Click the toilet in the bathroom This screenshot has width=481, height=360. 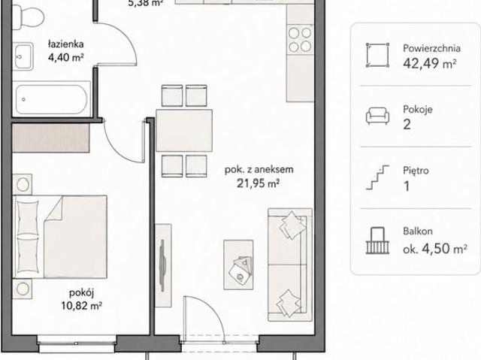[x=28, y=15]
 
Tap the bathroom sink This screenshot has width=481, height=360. [x=23, y=56]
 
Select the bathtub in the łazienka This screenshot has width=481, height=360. [x=51, y=99]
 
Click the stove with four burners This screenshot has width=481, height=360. [x=300, y=40]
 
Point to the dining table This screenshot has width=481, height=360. [x=184, y=130]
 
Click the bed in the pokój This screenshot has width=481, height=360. [x=60, y=237]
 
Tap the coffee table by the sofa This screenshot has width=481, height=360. [x=238, y=265]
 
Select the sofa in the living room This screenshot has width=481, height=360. [x=290, y=265]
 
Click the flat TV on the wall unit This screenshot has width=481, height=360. [x=162, y=265]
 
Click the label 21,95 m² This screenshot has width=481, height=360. [x=258, y=183]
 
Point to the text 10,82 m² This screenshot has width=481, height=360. [x=81, y=306]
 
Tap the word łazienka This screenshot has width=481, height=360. [x=66, y=44]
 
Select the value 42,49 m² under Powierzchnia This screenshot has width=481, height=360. [x=429, y=63]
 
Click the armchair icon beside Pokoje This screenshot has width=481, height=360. [x=377, y=116]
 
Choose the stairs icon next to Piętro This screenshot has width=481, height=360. [x=377, y=177]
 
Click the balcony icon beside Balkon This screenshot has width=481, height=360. [x=377, y=241]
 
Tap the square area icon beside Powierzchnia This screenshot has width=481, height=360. [x=377, y=55]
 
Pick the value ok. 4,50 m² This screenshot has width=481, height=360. [x=435, y=249]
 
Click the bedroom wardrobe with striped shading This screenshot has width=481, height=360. [x=51, y=138]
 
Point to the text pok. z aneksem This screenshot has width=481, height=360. [x=259, y=170]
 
